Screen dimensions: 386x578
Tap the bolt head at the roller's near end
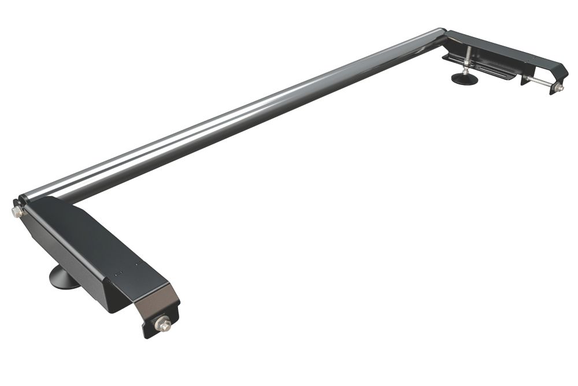click(16, 212)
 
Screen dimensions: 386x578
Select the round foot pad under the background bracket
click(465, 79)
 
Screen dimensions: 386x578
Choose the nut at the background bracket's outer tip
click(558, 87)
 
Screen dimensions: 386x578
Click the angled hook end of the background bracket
click(558, 72)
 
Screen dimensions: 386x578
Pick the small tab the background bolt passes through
click(526, 78)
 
